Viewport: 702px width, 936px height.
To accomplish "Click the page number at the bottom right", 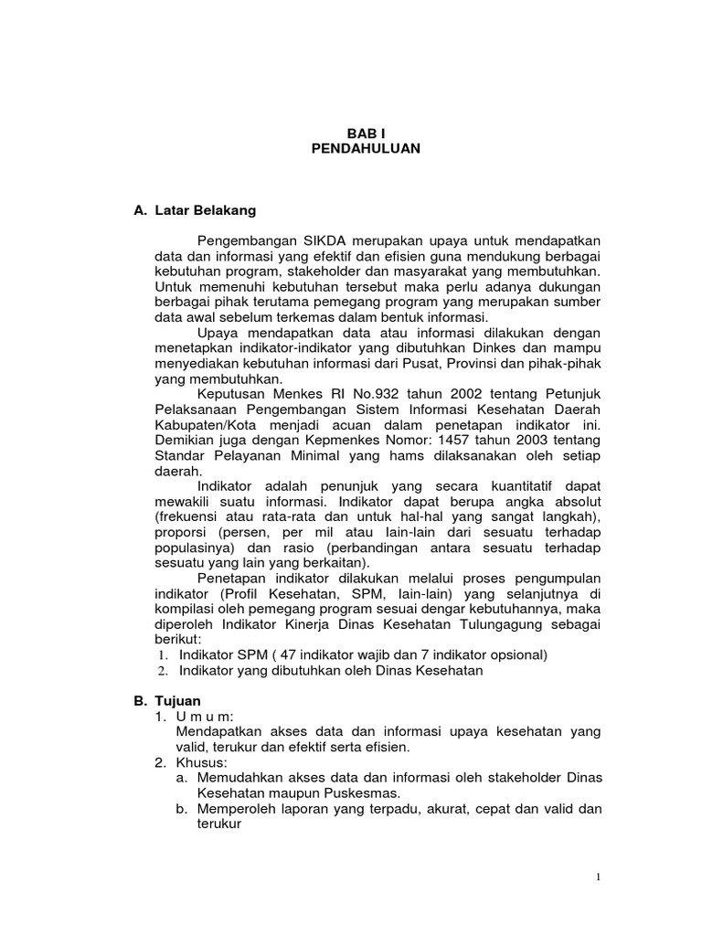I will [599, 878].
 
